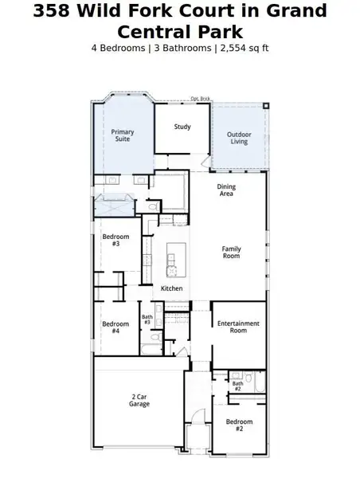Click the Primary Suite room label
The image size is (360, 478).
(x=122, y=135)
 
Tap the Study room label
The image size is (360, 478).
(x=182, y=127)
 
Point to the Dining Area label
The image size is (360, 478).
(x=226, y=190)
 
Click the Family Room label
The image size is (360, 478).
(x=231, y=253)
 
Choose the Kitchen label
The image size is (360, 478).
(x=172, y=288)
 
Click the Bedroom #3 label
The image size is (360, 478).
(x=111, y=240)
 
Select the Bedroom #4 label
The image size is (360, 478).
(x=115, y=327)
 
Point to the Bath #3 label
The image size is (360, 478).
(x=147, y=319)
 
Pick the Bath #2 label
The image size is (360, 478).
(x=237, y=386)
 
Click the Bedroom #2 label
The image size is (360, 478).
(x=239, y=425)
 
